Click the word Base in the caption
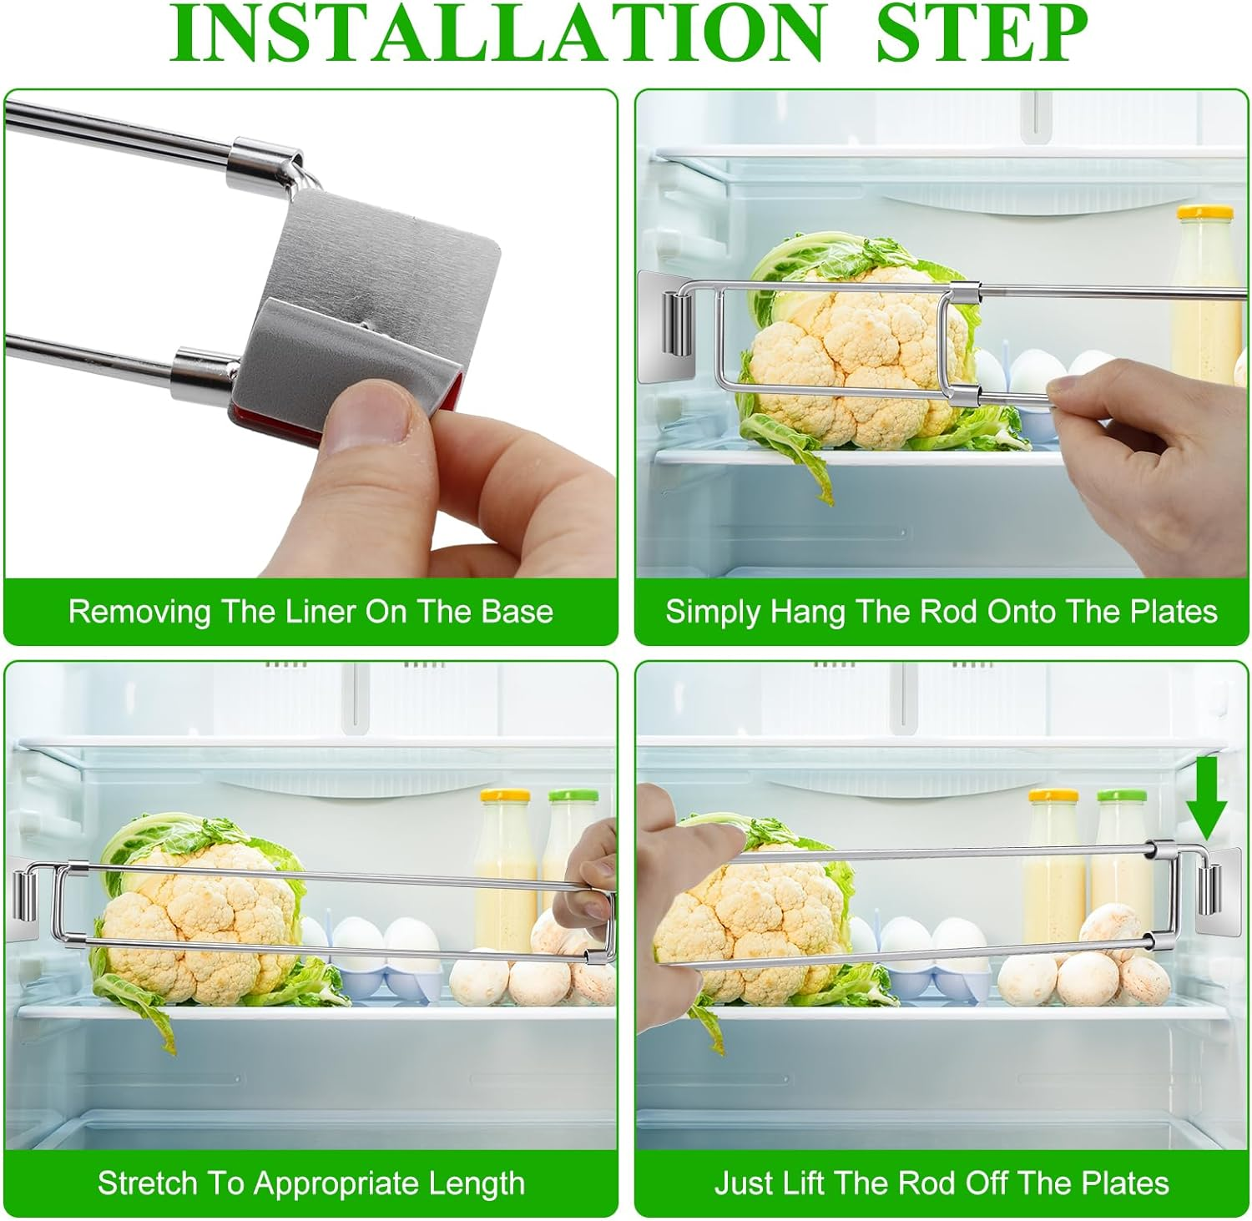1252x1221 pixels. click(x=517, y=612)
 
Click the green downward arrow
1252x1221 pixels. click(x=1206, y=801)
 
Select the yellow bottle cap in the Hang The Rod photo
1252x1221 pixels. click(x=1204, y=214)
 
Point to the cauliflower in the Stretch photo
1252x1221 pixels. click(x=200, y=918)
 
